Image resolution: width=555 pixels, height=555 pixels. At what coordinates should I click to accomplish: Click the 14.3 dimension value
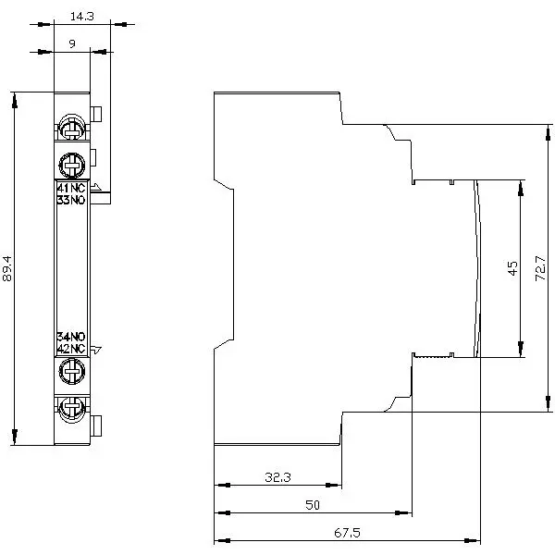(81, 16)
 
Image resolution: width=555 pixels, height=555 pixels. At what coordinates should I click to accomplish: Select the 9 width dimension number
(71, 43)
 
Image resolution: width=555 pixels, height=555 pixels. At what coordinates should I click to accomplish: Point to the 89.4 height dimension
(8, 269)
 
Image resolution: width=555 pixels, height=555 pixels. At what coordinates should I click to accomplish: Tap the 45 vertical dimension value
(512, 268)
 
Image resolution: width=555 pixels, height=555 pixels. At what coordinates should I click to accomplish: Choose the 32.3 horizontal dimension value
(277, 477)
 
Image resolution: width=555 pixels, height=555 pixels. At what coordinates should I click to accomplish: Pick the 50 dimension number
(312, 505)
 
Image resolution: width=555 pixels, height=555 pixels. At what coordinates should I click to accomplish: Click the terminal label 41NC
(71, 190)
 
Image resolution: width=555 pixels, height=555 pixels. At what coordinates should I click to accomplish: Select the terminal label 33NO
(71, 200)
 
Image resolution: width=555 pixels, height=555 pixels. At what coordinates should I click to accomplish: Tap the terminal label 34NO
(71, 337)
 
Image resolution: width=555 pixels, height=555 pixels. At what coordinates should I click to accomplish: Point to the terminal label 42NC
(71, 348)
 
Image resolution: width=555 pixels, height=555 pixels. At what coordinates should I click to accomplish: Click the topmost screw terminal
(71, 127)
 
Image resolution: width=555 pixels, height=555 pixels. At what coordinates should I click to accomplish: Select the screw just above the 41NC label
(71, 166)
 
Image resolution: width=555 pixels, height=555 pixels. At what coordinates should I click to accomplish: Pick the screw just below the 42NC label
(71, 372)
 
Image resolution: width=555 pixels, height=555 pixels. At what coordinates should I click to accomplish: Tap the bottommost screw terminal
(71, 408)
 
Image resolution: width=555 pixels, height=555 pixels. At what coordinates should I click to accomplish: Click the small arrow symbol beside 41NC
(97, 188)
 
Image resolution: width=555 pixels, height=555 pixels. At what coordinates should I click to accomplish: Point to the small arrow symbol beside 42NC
(97, 350)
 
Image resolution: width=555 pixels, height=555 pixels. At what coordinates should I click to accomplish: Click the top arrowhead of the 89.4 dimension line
(14, 98)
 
